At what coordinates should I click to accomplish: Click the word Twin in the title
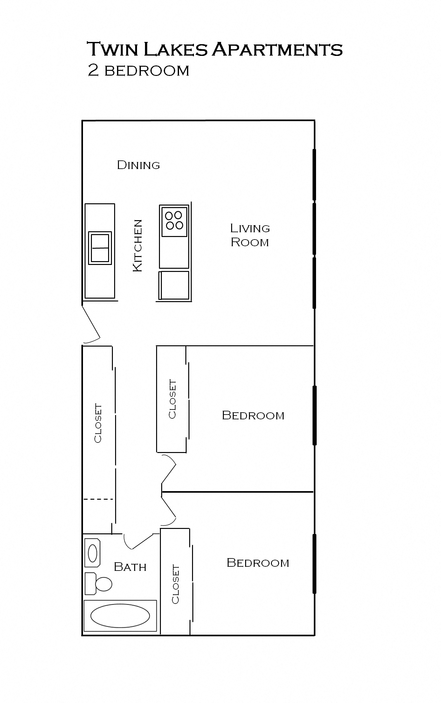(x=113, y=49)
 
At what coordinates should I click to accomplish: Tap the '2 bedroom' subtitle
(x=138, y=71)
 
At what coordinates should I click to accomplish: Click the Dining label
(x=138, y=165)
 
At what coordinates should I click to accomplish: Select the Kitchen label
(x=137, y=246)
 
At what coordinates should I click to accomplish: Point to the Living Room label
(x=250, y=235)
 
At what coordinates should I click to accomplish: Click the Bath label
(x=130, y=567)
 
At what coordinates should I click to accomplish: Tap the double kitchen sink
(x=100, y=248)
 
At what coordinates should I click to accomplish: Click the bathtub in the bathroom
(x=120, y=615)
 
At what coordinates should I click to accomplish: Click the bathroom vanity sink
(x=93, y=553)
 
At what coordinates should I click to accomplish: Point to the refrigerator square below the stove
(x=174, y=285)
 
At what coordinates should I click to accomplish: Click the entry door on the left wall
(x=91, y=324)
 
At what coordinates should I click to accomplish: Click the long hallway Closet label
(x=98, y=423)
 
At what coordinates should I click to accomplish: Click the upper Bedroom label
(x=253, y=416)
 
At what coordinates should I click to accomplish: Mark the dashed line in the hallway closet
(x=98, y=499)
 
